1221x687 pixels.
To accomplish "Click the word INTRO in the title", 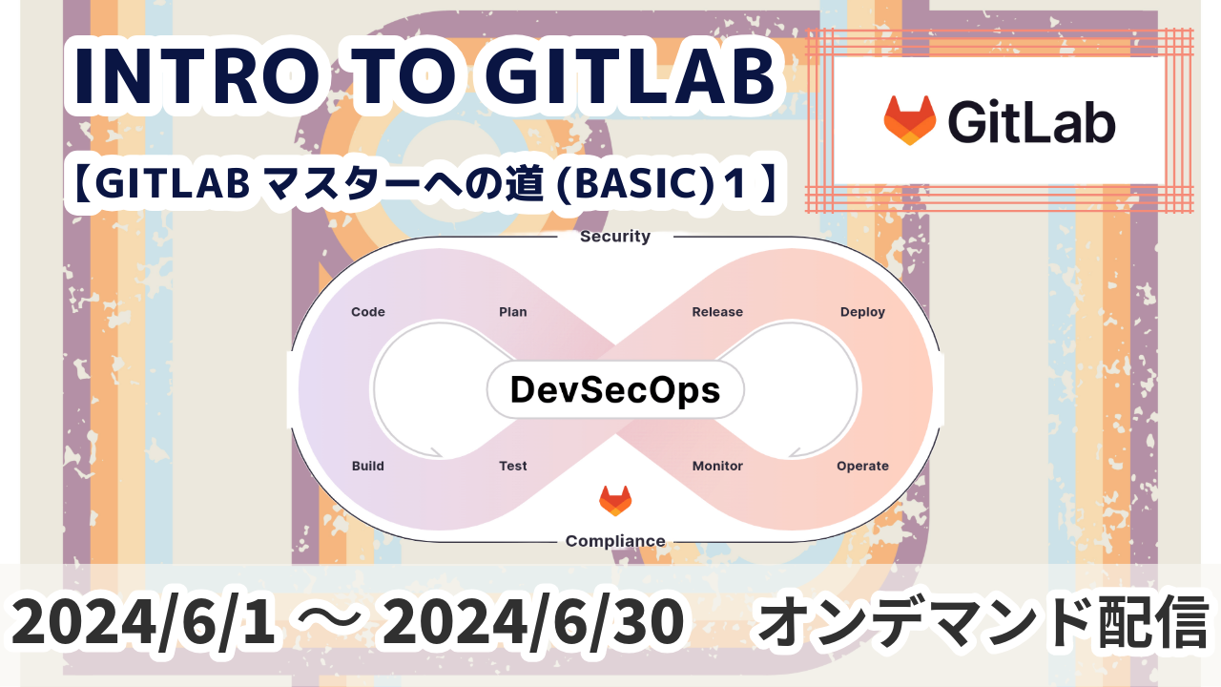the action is click(x=197, y=77).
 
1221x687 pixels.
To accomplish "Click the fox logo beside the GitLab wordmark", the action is click(x=909, y=120).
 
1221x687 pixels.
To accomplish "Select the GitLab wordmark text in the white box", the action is click(x=1031, y=122).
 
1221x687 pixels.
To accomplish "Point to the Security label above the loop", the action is click(x=615, y=236).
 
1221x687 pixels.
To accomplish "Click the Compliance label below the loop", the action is click(x=615, y=541).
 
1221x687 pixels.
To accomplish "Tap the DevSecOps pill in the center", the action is click(x=615, y=390).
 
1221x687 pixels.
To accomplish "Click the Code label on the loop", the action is click(x=368, y=312).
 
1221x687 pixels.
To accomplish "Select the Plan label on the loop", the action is click(x=513, y=312).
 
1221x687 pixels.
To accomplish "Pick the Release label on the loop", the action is click(x=717, y=312).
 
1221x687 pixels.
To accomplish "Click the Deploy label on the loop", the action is click(x=862, y=312).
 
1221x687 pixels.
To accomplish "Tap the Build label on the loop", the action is click(x=368, y=466).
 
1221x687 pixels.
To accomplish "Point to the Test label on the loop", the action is click(x=513, y=466).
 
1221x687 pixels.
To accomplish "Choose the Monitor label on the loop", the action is click(x=717, y=466).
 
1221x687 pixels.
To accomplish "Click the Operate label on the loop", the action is click(x=862, y=467).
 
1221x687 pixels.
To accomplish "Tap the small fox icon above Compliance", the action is click(x=615, y=501).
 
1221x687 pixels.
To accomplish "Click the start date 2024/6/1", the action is click(x=143, y=621).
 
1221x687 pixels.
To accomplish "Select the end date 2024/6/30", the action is click(x=532, y=621).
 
